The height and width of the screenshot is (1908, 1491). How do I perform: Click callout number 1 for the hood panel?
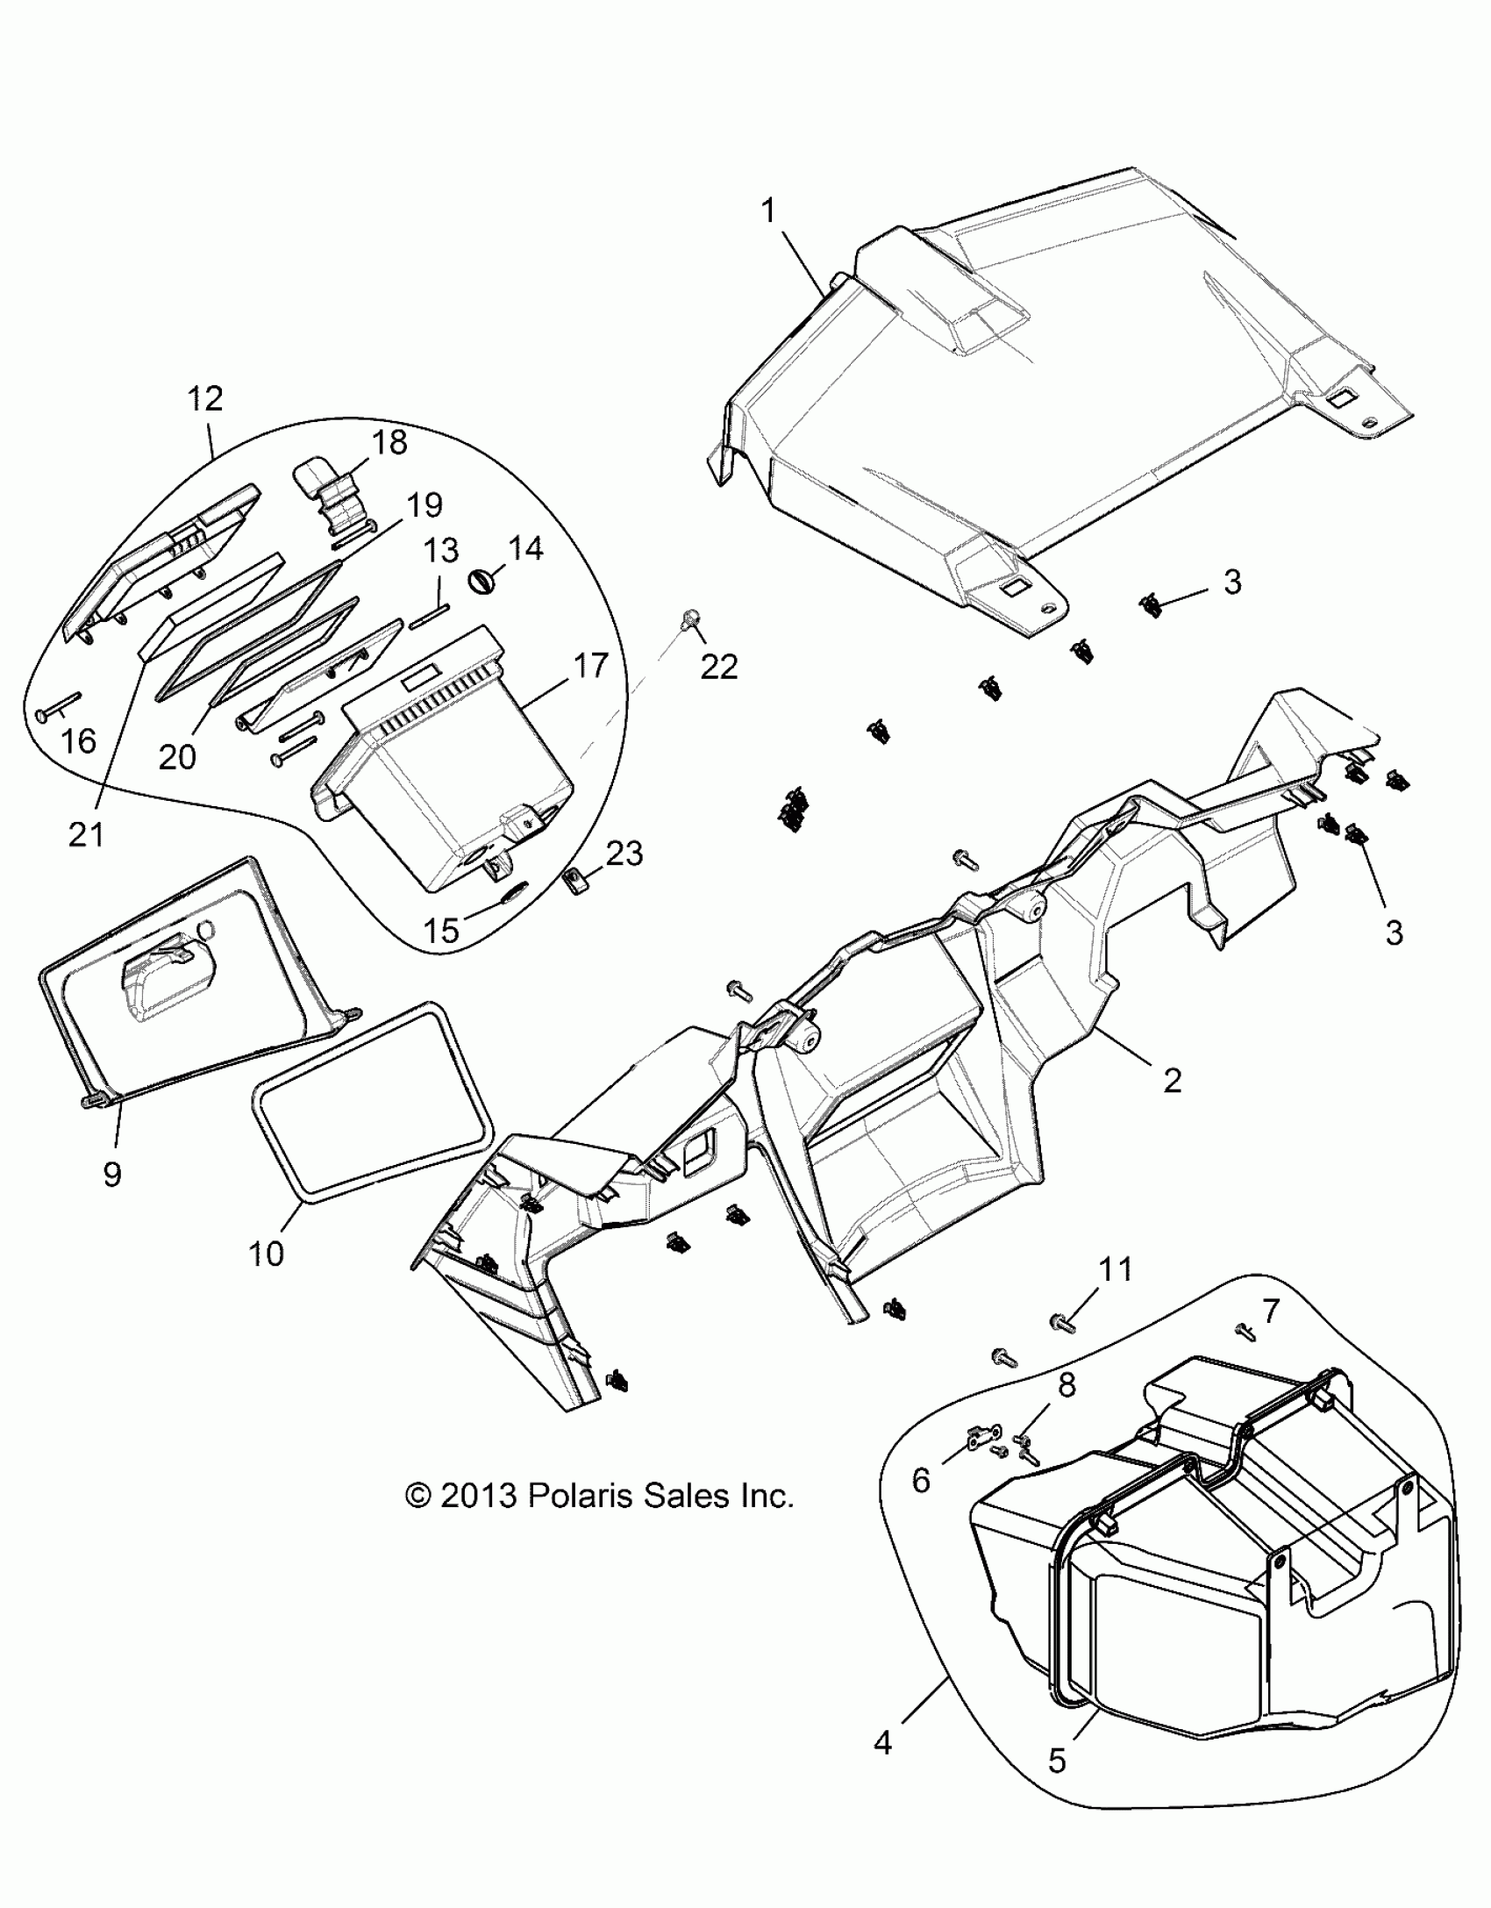769,212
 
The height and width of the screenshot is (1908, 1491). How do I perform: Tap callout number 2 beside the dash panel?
1172,1080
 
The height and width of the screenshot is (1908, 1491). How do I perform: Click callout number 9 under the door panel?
111,1175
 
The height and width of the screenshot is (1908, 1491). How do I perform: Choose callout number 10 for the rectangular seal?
266,1254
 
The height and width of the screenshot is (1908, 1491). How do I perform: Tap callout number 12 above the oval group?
205,399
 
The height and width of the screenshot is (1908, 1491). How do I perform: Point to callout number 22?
719,668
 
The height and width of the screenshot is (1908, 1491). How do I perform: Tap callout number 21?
86,834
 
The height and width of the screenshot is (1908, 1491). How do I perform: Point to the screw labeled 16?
60,708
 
